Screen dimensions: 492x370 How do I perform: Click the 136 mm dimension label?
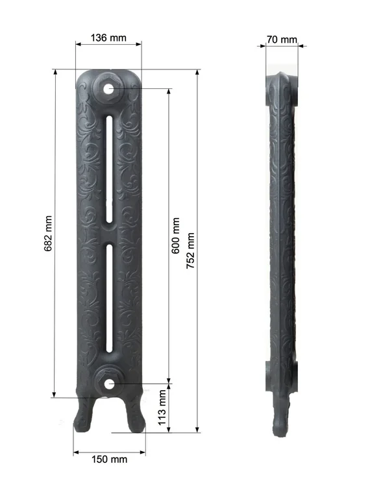[x=108, y=38]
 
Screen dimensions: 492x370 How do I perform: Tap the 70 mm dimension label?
[x=282, y=40]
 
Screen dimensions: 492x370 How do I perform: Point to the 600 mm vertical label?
[x=176, y=236]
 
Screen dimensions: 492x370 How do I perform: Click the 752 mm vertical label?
[x=190, y=249]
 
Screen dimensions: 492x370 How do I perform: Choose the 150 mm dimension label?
[x=109, y=460]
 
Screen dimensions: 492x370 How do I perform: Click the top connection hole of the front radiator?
[x=108, y=88]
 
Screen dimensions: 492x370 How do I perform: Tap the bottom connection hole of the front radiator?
[x=109, y=384]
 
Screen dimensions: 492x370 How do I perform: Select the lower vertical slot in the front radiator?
[x=110, y=299]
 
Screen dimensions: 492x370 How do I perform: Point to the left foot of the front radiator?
[x=84, y=415]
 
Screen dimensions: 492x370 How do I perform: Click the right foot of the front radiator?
[x=135, y=415]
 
